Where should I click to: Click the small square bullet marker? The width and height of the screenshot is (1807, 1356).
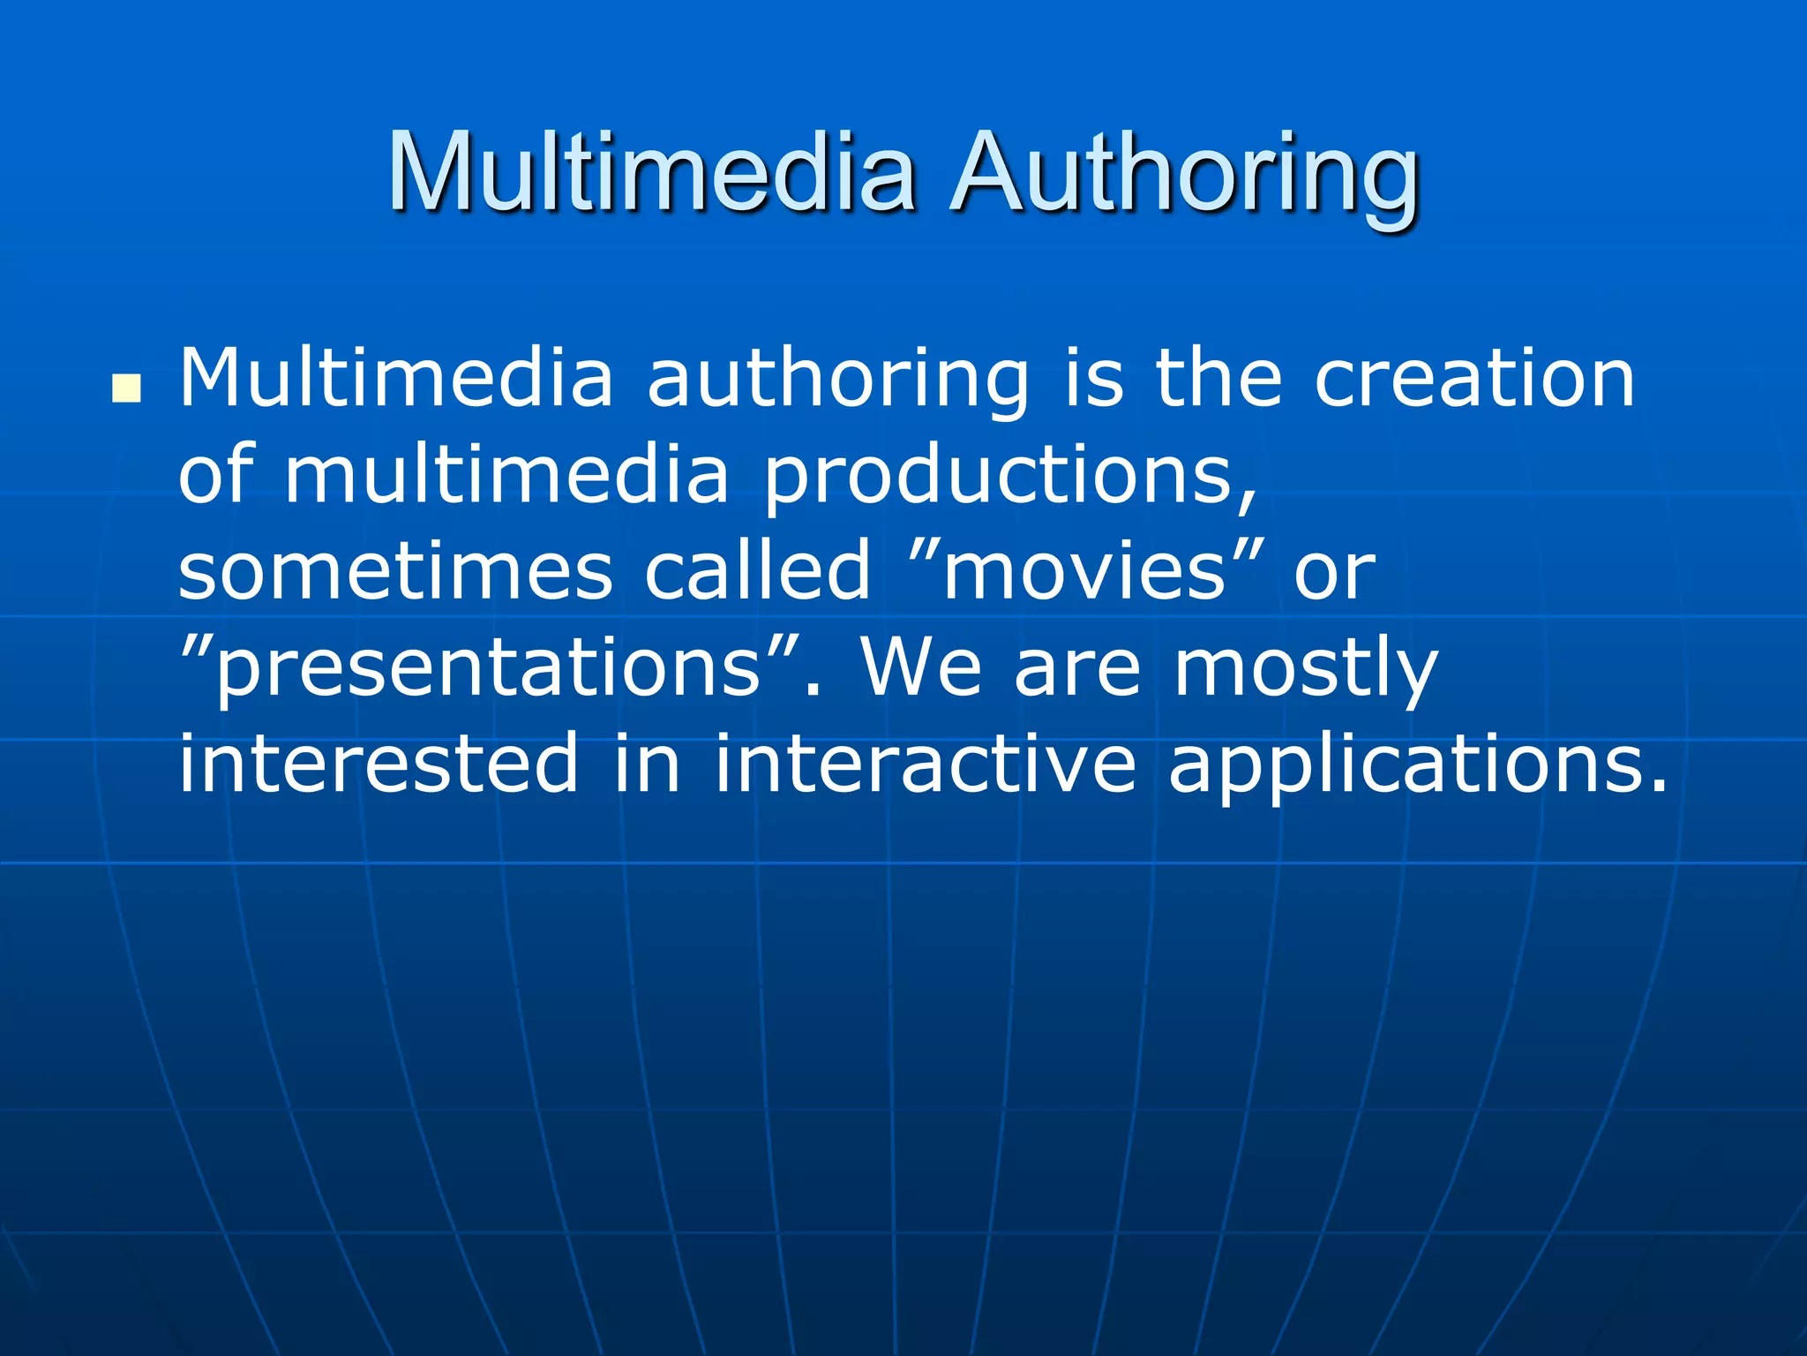click(127, 388)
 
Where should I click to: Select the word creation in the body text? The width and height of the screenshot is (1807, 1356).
click(1474, 378)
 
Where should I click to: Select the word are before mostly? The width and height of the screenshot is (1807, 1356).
click(1077, 669)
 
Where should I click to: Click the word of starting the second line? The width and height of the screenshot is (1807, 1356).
click(216, 475)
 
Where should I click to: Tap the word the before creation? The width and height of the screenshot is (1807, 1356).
click(1218, 378)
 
